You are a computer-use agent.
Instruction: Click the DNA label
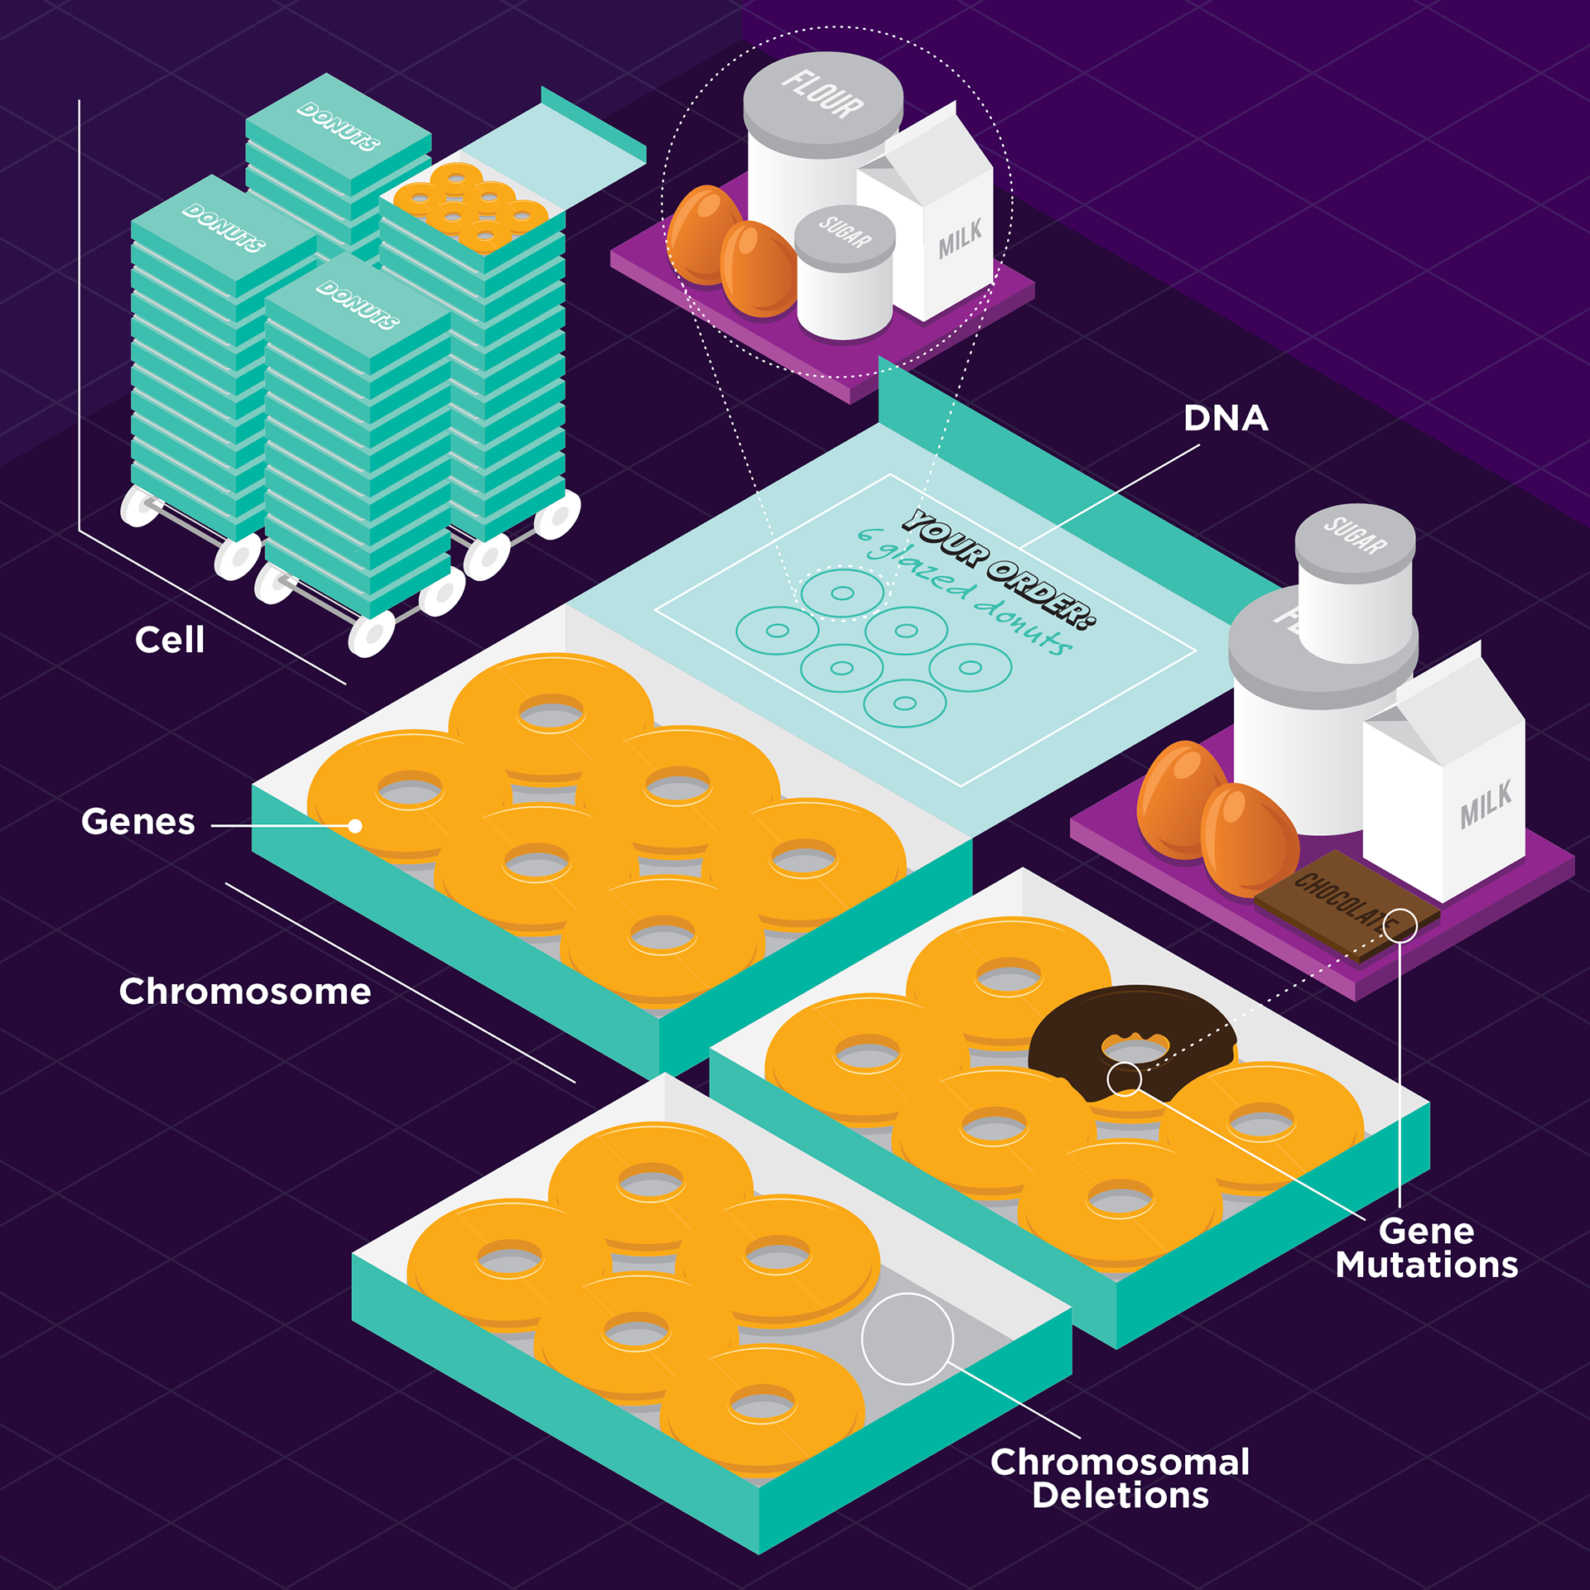pyautogui.click(x=1226, y=419)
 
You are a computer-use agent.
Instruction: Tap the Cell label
pyautogui.click(x=170, y=640)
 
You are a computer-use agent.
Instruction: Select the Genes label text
pyautogui.click(x=138, y=822)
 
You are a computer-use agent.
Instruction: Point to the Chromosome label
pyautogui.click(x=244, y=992)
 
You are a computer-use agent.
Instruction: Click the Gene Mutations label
pyautogui.click(x=1426, y=1248)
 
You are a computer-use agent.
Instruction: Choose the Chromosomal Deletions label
pyautogui.click(x=1120, y=1479)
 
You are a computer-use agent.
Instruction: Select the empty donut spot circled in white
pyautogui.click(x=907, y=1338)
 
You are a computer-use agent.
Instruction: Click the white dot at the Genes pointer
pyautogui.click(x=355, y=826)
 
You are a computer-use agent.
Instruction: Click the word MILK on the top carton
pyautogui.click(x=960, y=238)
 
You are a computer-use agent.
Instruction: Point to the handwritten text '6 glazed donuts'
pyautogui.click(x=965, y=590)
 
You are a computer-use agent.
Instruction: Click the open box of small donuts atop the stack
pyautogui.click(x=470, y=207)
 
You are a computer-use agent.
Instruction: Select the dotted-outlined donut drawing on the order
pyautogui.click(x=842, y=593)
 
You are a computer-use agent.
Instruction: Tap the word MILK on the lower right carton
pyautogui.click(x=1486, y=805)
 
